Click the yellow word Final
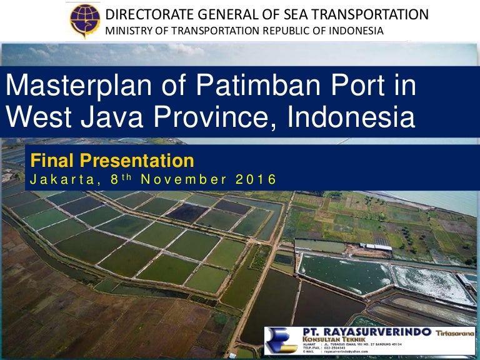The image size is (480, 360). tap(52, 161)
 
